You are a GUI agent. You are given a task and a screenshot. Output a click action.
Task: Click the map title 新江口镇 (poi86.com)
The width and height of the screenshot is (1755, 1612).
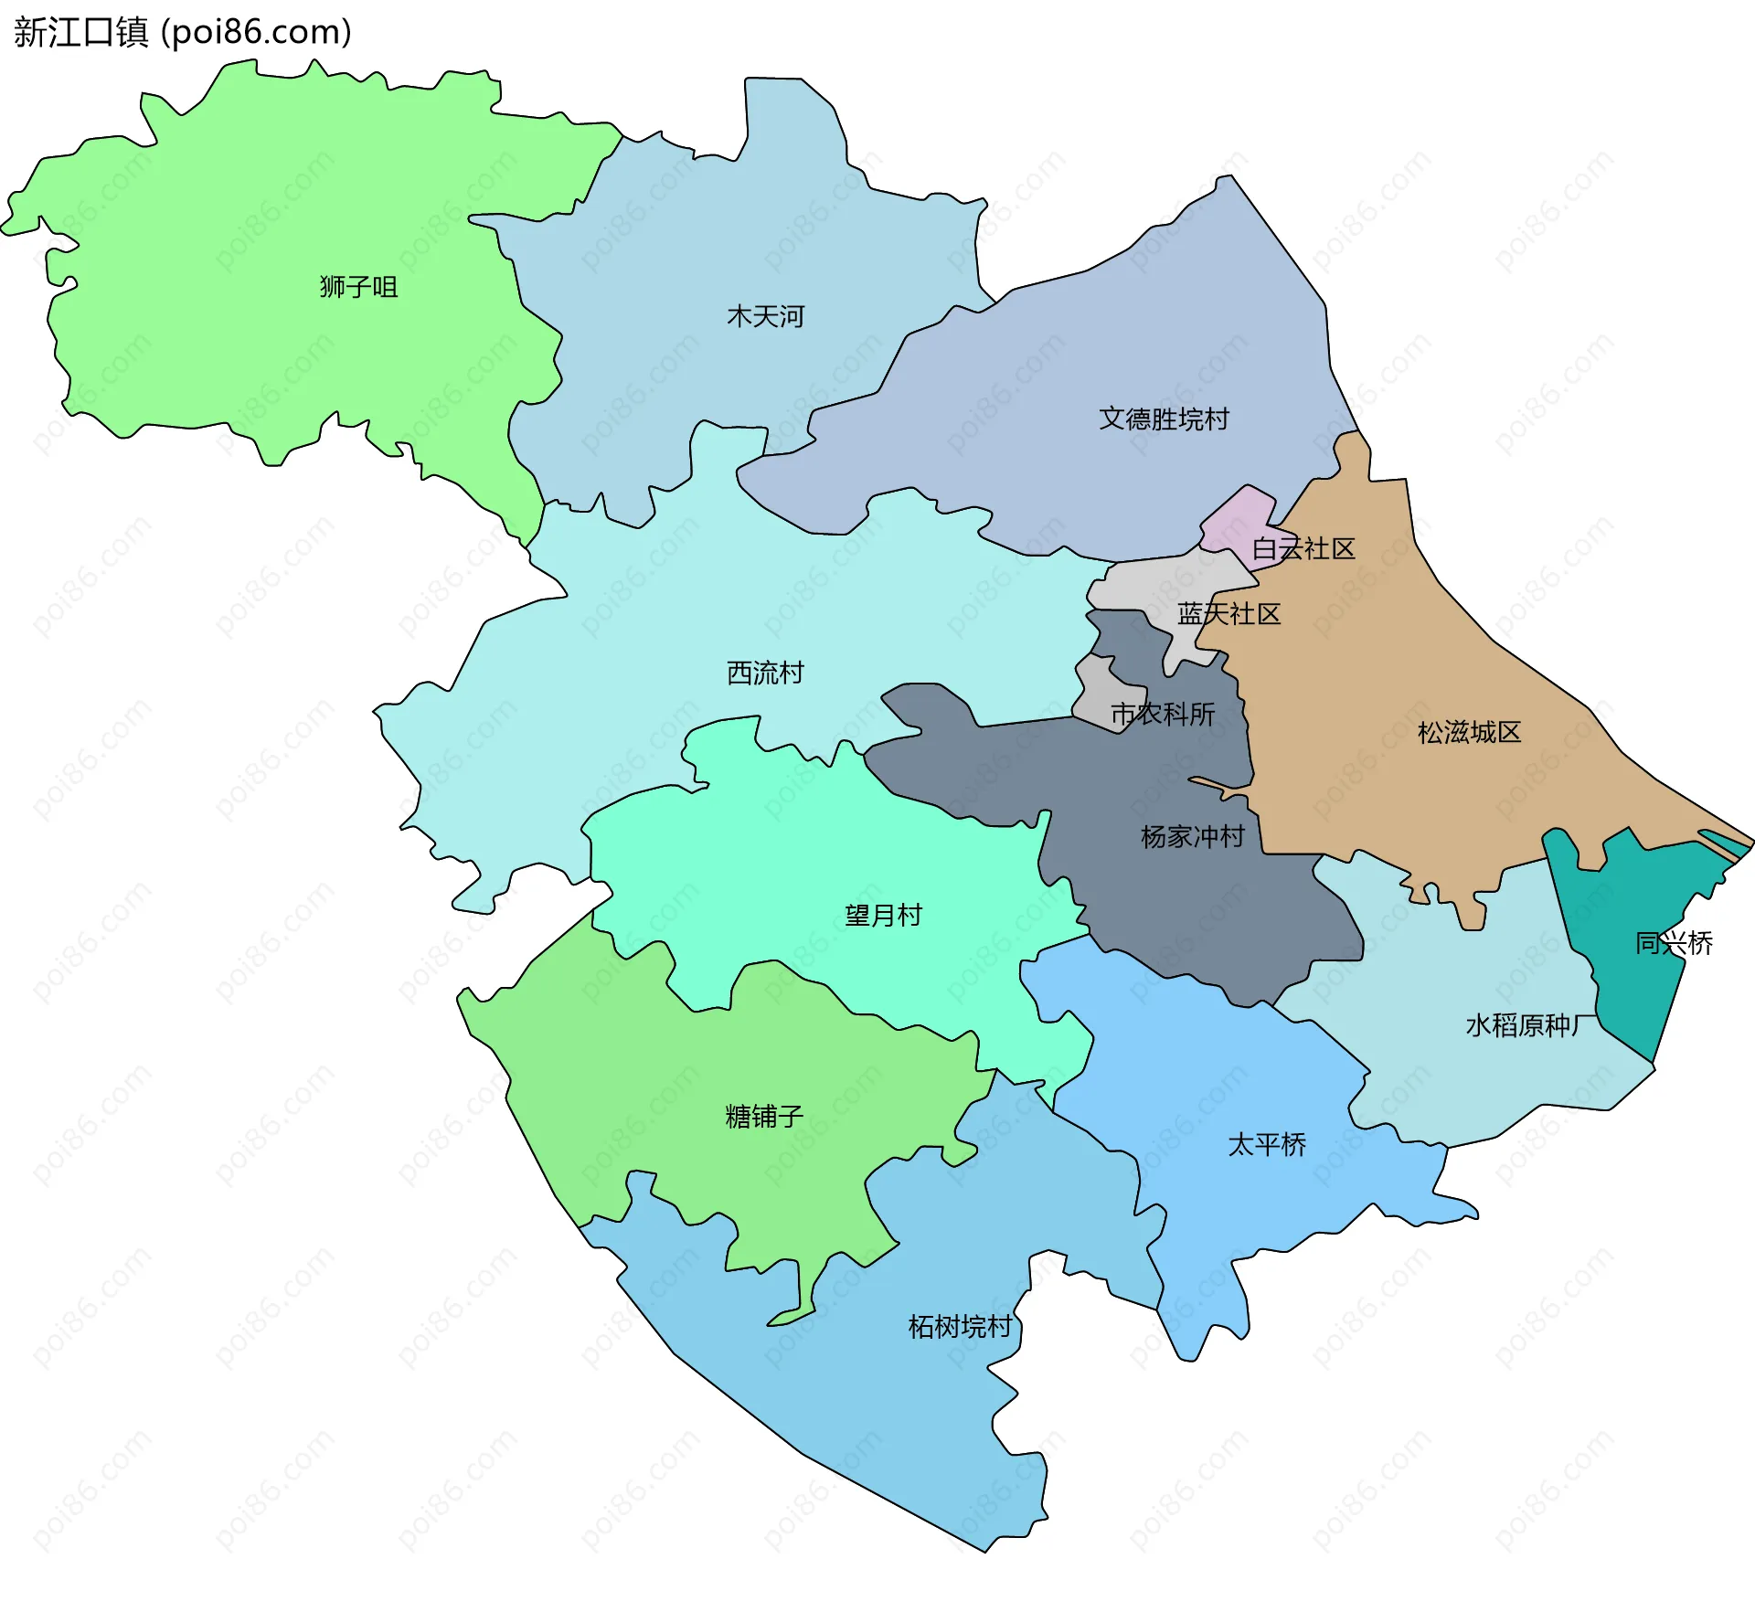point(183,33)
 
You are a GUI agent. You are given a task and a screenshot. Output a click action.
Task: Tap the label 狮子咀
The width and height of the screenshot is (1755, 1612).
point(358,287)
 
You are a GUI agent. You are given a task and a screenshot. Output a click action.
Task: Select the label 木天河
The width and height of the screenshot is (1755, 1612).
point(765,316)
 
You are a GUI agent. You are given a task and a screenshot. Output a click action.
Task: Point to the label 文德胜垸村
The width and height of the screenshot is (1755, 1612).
point(1164,419)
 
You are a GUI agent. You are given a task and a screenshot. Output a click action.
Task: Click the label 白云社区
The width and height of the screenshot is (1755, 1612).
point(1303,548)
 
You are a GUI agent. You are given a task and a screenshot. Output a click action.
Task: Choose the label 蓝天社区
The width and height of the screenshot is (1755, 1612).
point(1228,613)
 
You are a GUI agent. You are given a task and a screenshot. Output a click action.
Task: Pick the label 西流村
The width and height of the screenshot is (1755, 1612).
point(765,673)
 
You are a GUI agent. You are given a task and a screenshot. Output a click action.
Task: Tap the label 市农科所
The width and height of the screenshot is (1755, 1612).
point(1162,714)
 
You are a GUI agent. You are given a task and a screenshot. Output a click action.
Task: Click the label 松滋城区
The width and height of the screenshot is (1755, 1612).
point(1469,732)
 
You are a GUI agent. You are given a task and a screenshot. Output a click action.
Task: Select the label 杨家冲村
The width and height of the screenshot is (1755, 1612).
point(1192,836)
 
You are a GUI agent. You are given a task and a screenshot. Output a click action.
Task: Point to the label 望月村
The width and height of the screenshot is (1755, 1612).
point(883,915)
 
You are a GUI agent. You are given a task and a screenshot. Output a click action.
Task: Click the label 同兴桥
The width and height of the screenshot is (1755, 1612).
point(1674,943)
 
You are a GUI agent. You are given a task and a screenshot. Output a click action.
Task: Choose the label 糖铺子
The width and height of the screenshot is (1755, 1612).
point(764,1116)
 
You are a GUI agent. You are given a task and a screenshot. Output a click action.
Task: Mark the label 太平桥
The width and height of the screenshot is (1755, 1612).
point(1266,1144)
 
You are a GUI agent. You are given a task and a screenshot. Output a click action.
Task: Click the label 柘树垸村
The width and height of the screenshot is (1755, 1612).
point(960,1326)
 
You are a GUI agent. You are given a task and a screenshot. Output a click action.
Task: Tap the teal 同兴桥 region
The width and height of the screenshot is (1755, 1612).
point(1636,987)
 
